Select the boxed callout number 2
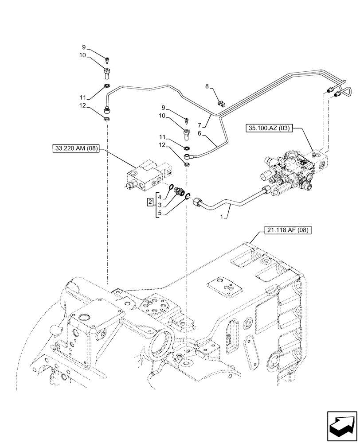(x=151, y=202)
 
